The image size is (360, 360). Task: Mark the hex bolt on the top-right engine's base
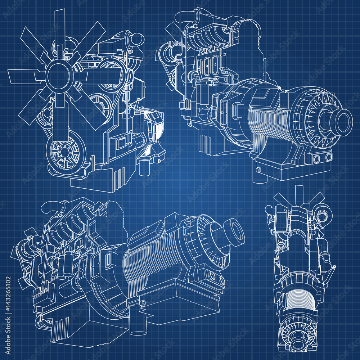[258, 170]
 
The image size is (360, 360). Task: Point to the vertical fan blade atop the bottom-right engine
[298, 194]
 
